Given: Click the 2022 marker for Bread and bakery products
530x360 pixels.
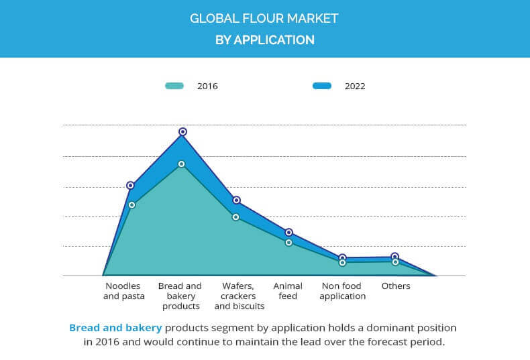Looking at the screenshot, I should point(182,132).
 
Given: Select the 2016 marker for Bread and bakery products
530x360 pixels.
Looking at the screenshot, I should point(182,164).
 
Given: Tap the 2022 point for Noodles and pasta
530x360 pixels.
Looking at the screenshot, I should point(131,185).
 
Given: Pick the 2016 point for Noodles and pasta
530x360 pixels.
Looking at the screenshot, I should point(131,204).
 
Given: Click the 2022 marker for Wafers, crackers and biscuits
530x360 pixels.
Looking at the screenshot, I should point(236,200).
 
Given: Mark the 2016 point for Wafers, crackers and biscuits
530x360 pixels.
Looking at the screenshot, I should point(235,217).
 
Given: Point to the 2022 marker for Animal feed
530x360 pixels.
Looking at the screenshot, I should point(289,232).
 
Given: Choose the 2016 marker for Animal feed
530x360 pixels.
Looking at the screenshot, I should point(288,242).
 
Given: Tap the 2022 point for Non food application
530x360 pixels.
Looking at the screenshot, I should point(342,257).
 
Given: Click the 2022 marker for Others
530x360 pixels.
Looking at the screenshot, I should point(395,257).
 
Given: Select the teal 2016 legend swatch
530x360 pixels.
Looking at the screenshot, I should point(174,86).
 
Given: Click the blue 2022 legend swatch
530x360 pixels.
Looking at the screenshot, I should point(322,86).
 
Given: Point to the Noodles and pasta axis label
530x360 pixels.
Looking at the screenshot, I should point(122,291).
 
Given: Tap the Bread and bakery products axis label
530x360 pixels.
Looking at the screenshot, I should point(180,296).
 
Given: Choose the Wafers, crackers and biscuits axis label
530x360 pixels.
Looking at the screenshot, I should point(240,296).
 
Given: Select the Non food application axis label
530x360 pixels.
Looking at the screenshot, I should point(343,291).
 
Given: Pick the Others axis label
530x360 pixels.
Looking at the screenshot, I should point(396,286).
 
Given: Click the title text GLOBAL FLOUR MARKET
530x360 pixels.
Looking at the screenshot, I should point(264,18).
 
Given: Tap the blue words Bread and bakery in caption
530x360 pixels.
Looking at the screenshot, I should point(115,328).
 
